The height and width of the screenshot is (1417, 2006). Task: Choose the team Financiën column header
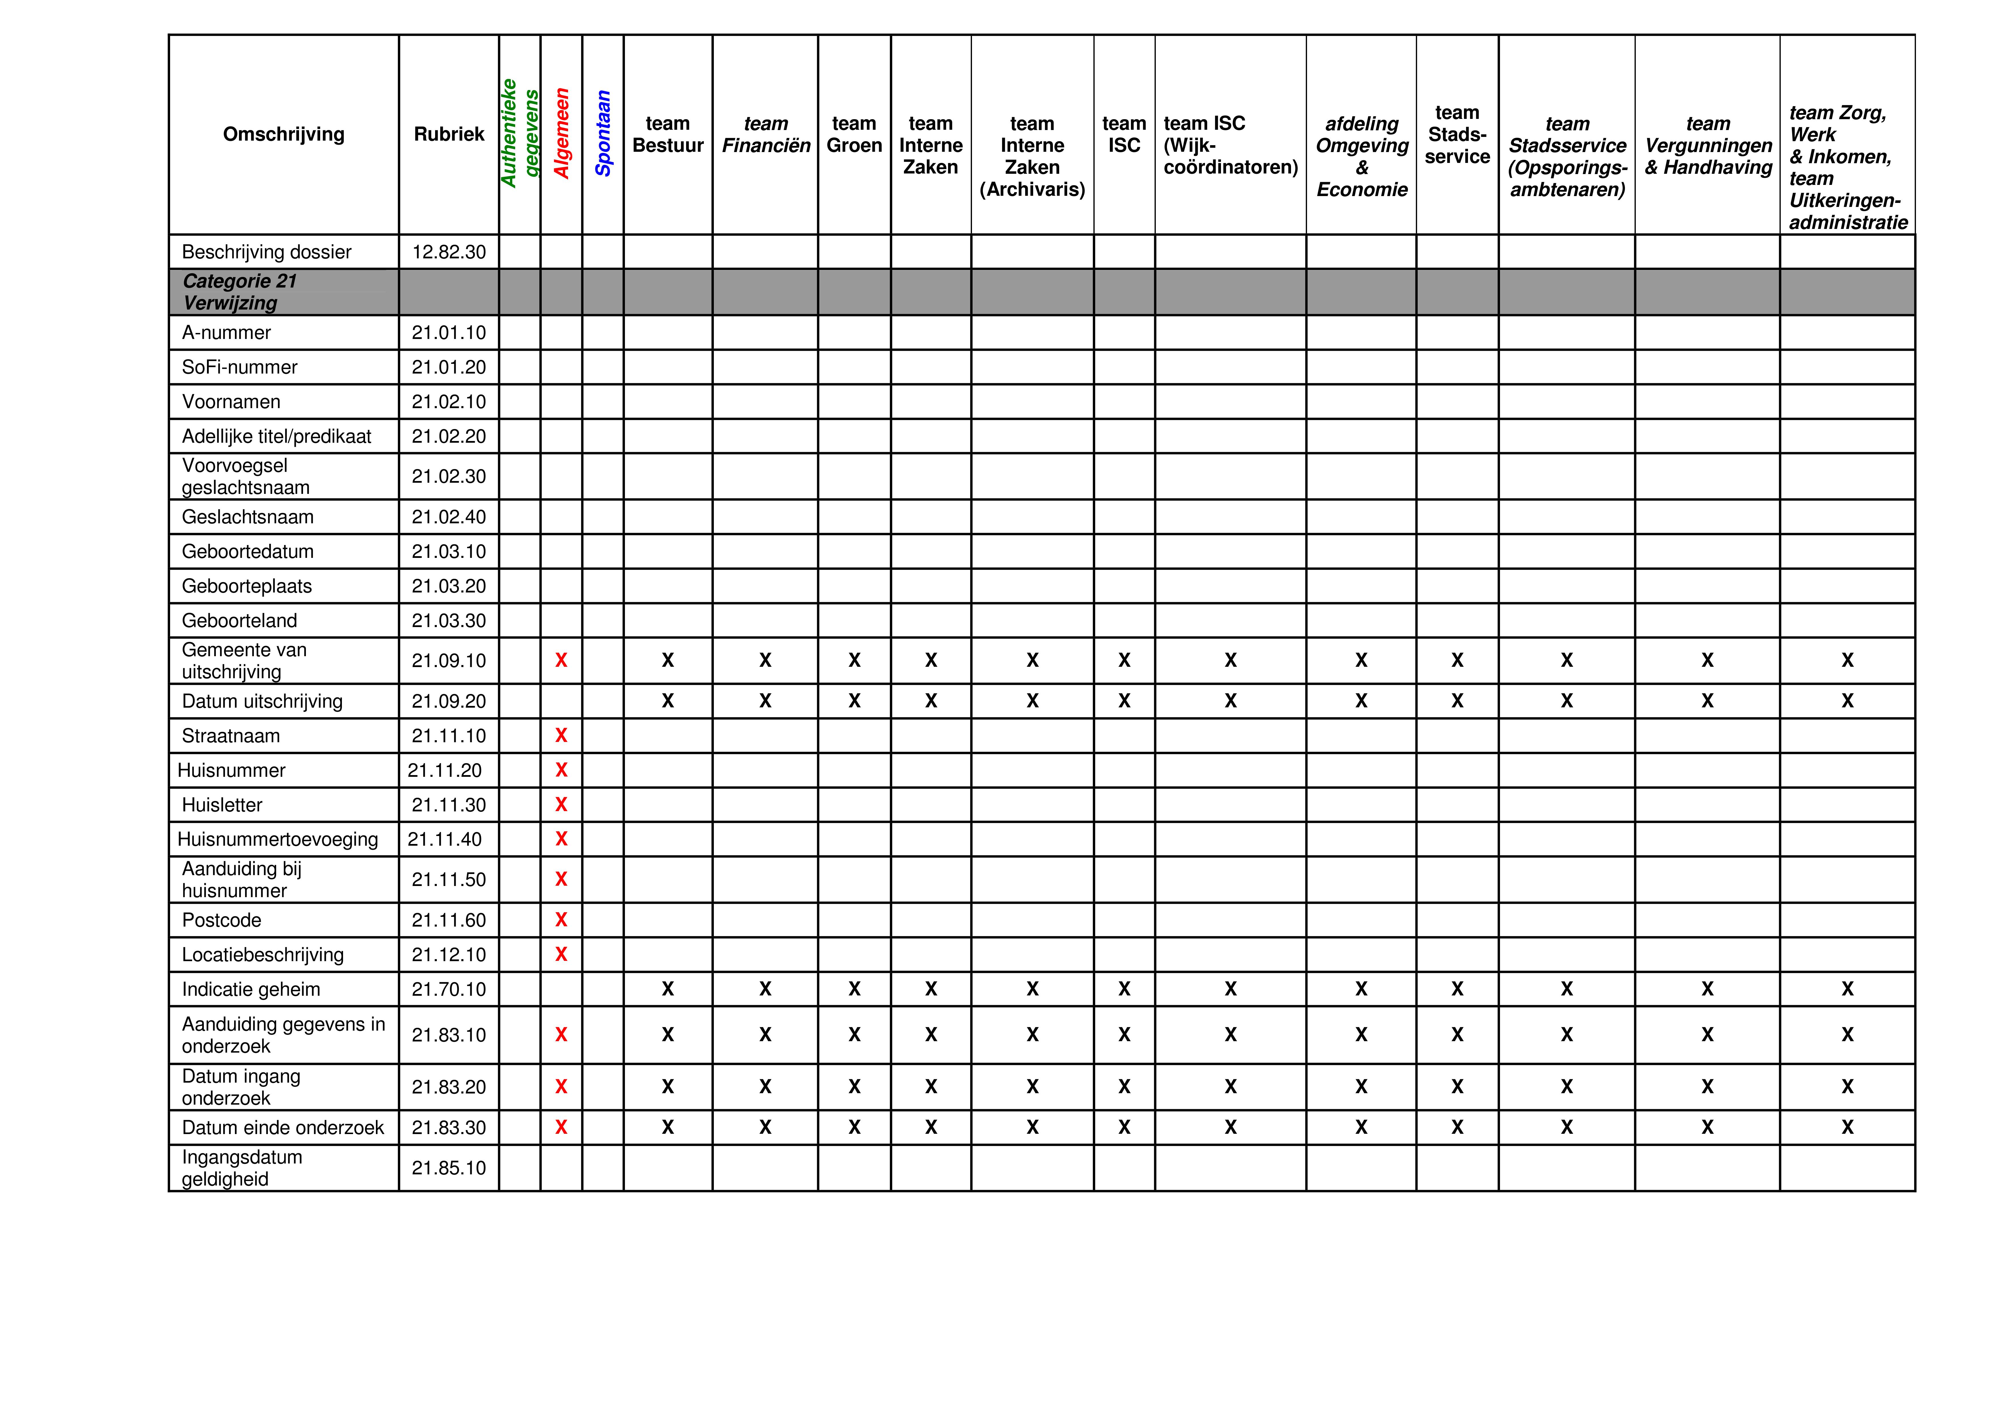click(x=765, y=135)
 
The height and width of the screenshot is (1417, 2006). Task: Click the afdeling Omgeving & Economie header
click(x=1361, y=156)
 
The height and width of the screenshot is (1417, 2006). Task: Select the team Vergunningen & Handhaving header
click(x=1707, y=145)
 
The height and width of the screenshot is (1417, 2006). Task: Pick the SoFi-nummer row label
click(x=239, y=367)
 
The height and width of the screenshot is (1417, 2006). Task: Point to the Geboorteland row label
click(x=239, y=620)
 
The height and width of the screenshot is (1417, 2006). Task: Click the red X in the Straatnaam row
click(x=561, y=736)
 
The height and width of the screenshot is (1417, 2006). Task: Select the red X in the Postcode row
click(x=561, y=920)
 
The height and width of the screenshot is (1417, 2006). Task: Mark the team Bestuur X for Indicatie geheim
click(x=668, y=989)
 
